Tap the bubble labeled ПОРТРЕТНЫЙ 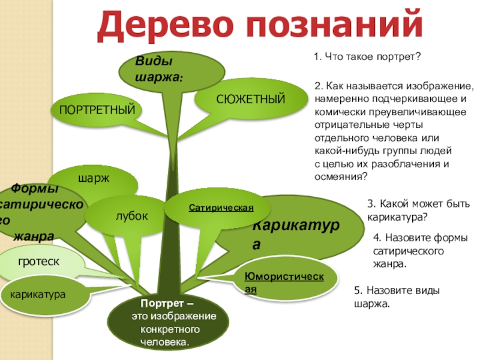[x=97, y=110]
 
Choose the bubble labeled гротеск [x=38, y=262]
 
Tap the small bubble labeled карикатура [x=38, y=294]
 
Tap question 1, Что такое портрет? [x=368, y=58]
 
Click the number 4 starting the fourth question [x=376, y=238]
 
